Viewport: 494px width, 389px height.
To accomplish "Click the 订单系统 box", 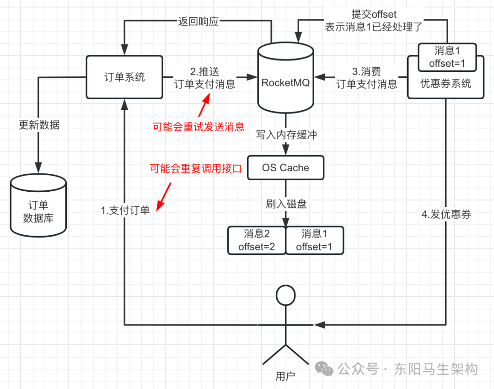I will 124,76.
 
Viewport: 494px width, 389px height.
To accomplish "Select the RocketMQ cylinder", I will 285,82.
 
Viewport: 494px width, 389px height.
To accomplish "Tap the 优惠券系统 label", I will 446,84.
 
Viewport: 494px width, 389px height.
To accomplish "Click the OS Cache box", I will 285,167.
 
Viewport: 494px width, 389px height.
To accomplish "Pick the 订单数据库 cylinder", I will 38,208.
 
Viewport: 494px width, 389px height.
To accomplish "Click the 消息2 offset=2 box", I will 257,240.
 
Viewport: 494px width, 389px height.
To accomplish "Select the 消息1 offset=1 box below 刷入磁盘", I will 314,240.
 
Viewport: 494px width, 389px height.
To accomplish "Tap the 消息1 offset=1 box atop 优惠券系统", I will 447,57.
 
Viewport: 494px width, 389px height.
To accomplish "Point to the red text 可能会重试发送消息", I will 199,127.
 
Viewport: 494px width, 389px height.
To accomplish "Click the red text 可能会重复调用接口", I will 196,168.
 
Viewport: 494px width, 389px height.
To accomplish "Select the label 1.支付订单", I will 125,210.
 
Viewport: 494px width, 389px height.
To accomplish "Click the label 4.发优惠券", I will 446,214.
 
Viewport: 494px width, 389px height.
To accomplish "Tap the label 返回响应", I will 198,21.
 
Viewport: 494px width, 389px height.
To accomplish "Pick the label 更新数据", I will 39,125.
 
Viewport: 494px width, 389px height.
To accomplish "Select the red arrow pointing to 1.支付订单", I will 164,194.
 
